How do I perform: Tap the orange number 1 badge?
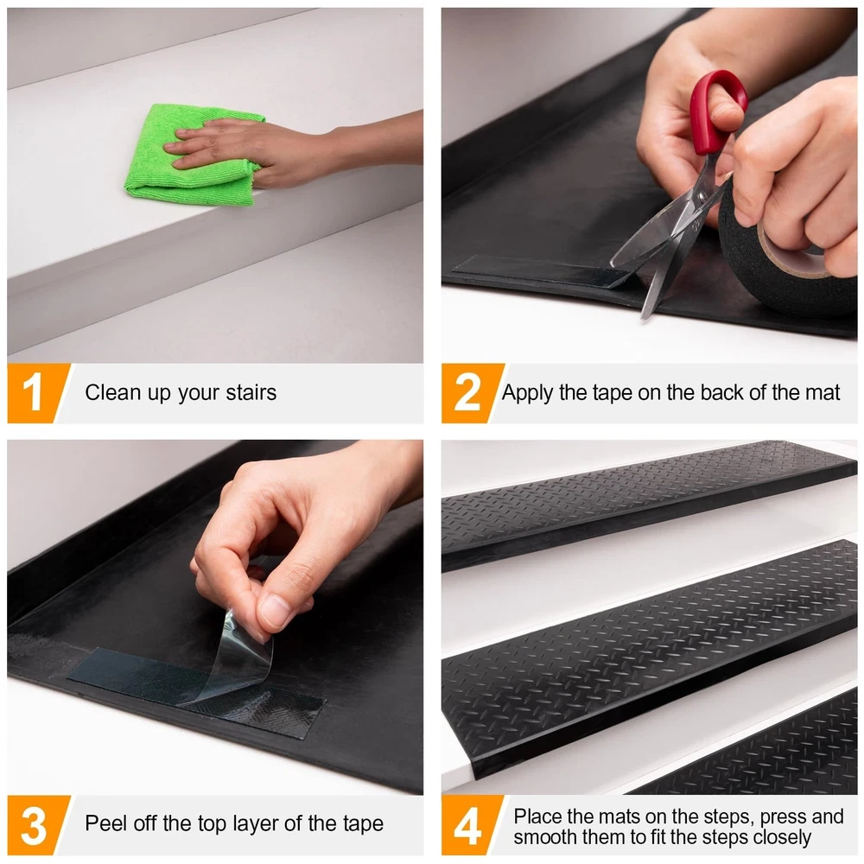[35, 393]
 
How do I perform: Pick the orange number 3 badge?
[35, 825]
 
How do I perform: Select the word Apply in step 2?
[527, 393]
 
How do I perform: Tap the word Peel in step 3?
[105, 823]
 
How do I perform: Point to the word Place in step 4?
[537, 816]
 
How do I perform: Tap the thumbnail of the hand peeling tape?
[215, 617]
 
